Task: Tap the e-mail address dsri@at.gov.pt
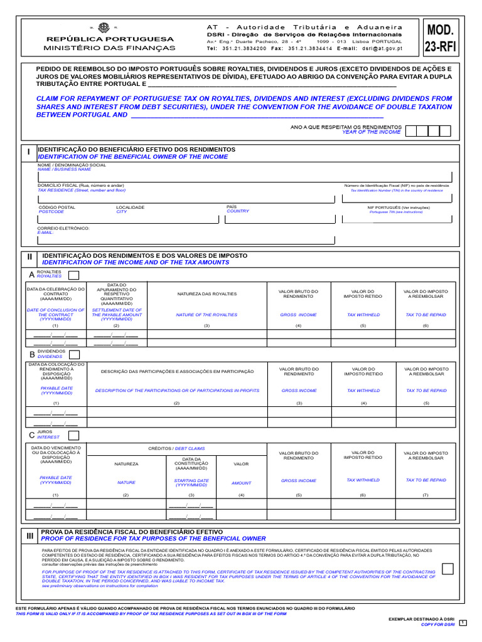[x=378, y=48]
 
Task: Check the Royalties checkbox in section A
[x=73, y=275]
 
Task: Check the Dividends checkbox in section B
[x=74, y=355]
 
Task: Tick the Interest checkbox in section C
[x=73, y=435]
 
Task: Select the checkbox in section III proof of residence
[x=447, y=569]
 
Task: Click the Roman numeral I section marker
[x=28, y=152]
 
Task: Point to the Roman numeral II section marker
[x=29, y=258]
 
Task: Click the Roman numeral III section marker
[x=30, y=536]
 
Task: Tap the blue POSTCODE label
[x=51, y=212]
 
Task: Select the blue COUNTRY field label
[x=237, y=211]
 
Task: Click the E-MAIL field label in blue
[x=46, y=233]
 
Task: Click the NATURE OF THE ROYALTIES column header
[x=206, y=315]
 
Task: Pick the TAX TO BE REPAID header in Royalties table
[x=426, y=315]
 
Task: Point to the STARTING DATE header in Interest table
[x=191, y=483]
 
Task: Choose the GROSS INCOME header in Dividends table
[x=299, y=390]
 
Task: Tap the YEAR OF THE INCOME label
[x=371, y=132]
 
